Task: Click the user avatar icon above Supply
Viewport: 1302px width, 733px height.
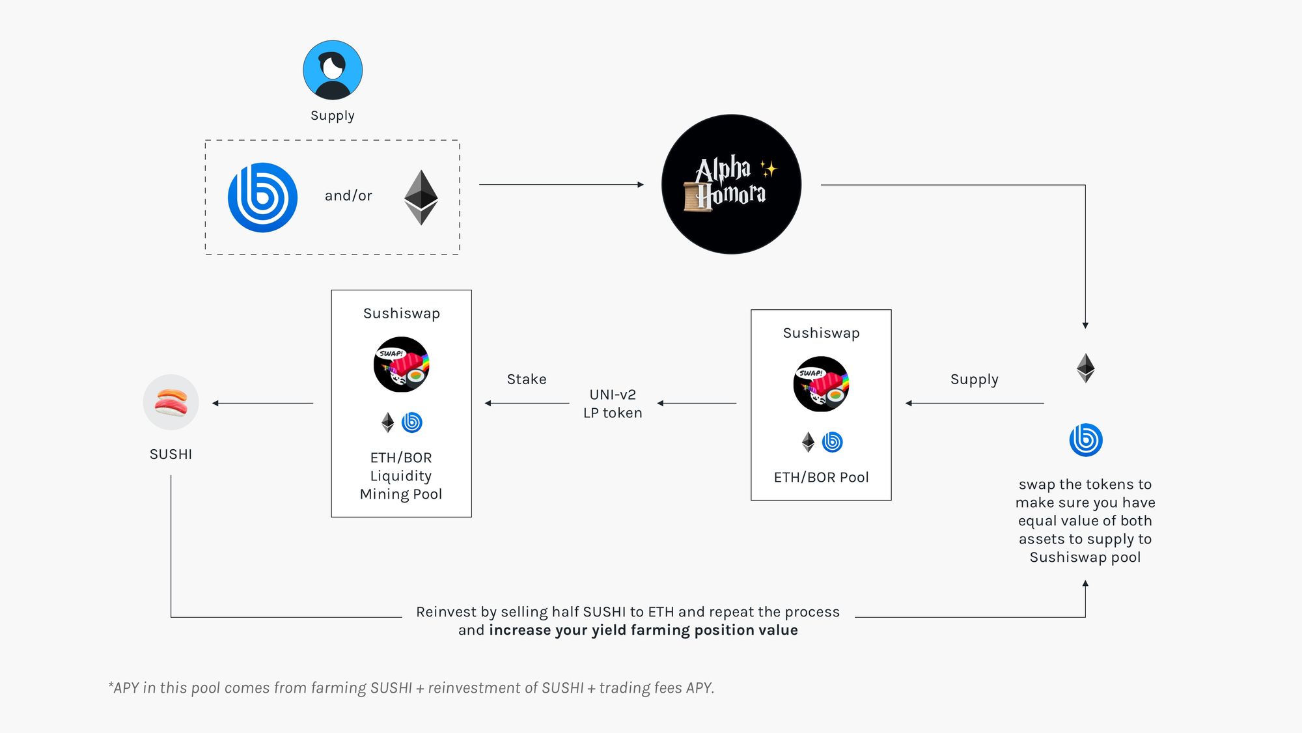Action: point(333,70)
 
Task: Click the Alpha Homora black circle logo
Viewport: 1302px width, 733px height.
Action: point(731,184)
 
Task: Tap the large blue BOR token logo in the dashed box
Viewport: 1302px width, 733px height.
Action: point(262,197)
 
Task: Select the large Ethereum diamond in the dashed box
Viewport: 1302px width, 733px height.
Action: point(421,197)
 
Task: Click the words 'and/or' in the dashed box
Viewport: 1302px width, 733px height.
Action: point(348,195)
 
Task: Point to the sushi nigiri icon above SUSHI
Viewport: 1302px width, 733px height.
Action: point(171,402)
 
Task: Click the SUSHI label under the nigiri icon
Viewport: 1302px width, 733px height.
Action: point(171,454)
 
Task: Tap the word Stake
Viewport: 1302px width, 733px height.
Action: point(527,379)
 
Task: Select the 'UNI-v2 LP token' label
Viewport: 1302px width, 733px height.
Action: point(613,404)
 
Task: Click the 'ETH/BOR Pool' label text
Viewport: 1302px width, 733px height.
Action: point(821,477)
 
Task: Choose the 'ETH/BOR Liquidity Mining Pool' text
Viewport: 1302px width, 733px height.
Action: point(401,476)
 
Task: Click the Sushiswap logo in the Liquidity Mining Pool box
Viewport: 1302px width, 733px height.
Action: point(401,365)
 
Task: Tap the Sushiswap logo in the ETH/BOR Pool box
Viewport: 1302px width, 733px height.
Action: point(821,384)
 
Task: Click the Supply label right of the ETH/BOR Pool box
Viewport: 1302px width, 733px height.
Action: point(974,379)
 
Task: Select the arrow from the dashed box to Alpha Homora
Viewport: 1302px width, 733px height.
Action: point(561,185)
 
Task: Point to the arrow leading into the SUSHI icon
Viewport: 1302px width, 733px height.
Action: point(262,403)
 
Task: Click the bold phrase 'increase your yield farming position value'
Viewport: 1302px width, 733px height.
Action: point(643,630)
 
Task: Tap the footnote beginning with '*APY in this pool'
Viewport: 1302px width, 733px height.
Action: point(411,688)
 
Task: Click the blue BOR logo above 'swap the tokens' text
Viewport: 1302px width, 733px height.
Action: point(1086,440)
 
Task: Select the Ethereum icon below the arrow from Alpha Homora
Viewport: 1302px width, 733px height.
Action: point(1085,368)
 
